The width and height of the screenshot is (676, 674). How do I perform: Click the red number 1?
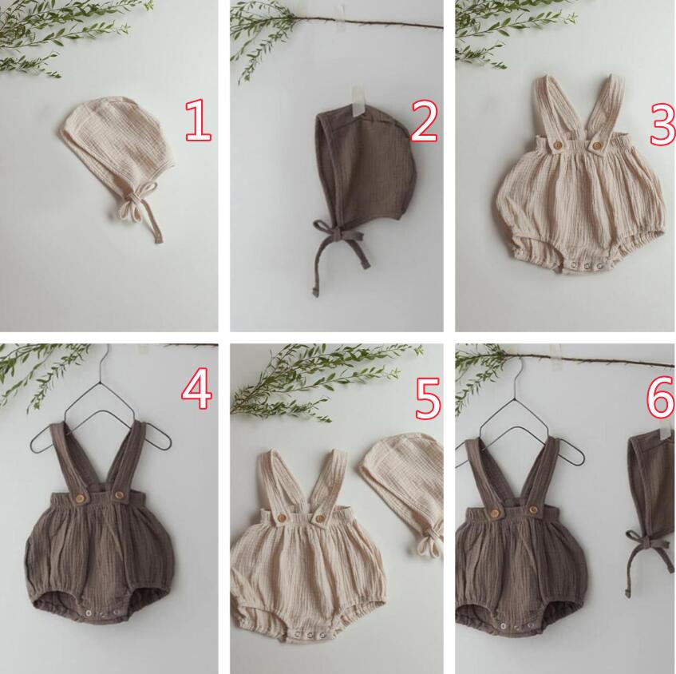(x=198, y=121)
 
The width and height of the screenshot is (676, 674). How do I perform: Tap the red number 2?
(x=425, y=121)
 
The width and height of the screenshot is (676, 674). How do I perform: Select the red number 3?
(x=663, y=124)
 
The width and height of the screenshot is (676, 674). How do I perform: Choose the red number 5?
(x=428, y=398)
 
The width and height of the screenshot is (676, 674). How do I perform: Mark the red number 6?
(x=661, y=397)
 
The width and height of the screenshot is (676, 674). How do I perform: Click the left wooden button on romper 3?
(x=558, y=144)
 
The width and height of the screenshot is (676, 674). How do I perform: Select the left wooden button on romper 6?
(x=495, y=513)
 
